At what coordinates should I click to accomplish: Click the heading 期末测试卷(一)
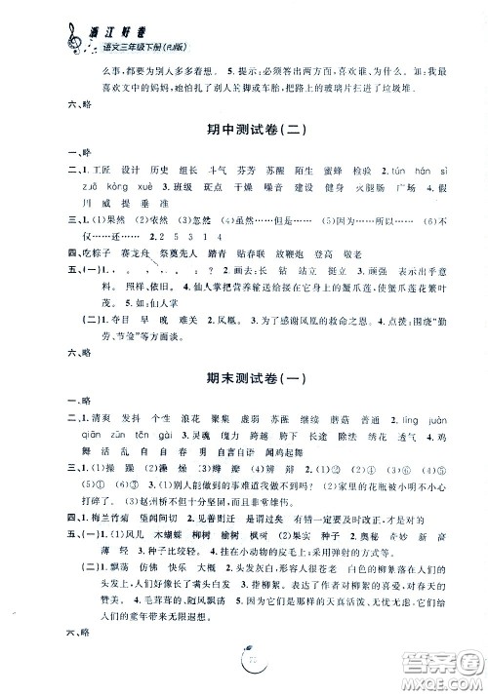[244, 359]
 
